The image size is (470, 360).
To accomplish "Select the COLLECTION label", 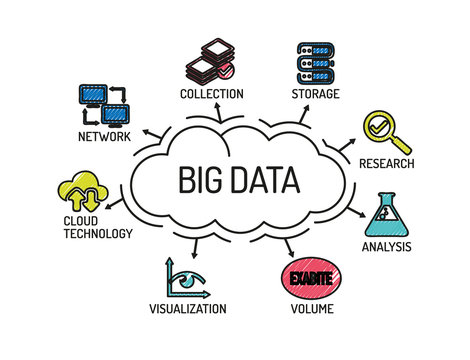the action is [x=211, y=94].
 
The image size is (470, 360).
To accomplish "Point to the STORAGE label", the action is [x=315, y=94].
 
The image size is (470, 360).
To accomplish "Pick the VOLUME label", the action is [x=309, y=309].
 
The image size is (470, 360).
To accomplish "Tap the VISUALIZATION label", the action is [x=188, y=309].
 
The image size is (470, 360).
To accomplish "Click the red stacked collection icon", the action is [x=210, y=61].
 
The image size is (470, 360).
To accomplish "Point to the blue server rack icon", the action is [x=316, y=61].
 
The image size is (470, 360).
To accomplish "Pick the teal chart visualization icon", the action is [x=186, y=278].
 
